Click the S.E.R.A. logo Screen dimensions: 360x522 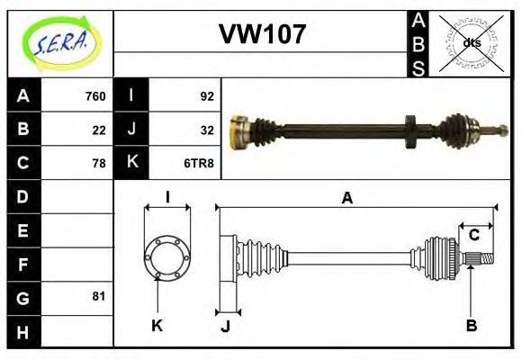pos(59,41)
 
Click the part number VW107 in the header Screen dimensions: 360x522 pos(263,35)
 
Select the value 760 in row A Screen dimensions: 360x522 pos(95,96)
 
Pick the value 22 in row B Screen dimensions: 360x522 pos(99,130)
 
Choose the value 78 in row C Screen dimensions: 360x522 pos(99,163)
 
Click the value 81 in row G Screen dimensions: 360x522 pos(99,296)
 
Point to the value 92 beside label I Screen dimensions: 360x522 pos(207,96)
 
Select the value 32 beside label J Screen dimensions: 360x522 pos(207,130)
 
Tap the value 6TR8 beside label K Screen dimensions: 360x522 pos(199,163)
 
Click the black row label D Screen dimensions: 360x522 pos(22,196)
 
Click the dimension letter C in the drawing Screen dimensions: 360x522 pos(473,236)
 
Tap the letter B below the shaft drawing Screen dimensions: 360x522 pos(471,326)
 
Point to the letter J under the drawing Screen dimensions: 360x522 pos(226,326)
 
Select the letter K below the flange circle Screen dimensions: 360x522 pos(157,326)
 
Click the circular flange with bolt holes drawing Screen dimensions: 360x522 pos(167,256)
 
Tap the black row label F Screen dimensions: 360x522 pos(22,265)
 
